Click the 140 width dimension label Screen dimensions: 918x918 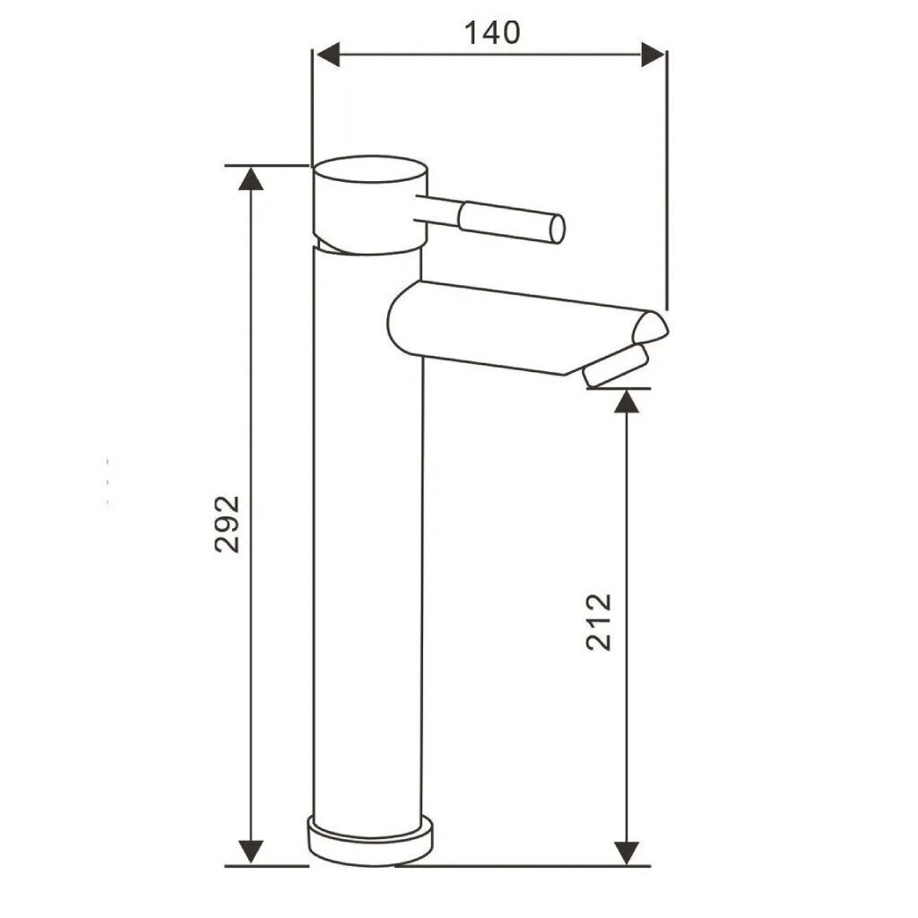[492, 33]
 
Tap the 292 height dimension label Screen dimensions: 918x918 [227, 524]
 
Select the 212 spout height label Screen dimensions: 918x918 [598, 622]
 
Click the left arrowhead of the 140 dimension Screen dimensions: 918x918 [327, 55]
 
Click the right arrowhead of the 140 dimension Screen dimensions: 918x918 [653, 55]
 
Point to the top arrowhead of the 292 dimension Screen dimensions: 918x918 [251, 178]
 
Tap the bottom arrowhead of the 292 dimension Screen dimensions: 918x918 [251, 852]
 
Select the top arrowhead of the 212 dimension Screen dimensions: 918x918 [627, 401]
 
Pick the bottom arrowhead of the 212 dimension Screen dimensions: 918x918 [627, 852]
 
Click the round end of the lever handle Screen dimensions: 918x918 [558, 229]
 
